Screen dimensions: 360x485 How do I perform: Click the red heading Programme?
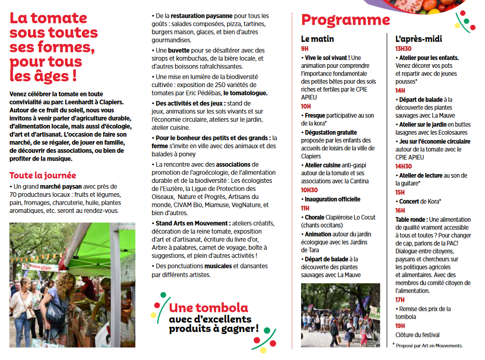(x=345, y=20)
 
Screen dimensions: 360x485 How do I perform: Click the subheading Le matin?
(x=317, y=39)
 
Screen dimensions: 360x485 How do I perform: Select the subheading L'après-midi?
(x=418, y=39)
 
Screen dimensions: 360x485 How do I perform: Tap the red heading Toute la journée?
(x=42, y=176)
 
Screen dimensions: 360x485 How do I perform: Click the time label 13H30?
(x=404, y=48)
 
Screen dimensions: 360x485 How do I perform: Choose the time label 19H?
(x=400, y=325)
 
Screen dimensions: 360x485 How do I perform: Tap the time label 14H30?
(x=404, y=166)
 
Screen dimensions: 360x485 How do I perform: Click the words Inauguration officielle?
(x=332, y=199)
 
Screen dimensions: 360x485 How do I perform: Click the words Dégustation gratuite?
(x=331, y=133)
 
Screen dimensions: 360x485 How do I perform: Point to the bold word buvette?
(x=181, y=50)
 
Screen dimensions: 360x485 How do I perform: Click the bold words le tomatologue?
(x=245, y=93)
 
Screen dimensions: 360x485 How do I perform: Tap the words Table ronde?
(x=411, y=220)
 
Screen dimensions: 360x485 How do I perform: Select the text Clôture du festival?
(x=417, y=335)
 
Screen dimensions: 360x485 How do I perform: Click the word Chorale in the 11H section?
(x=315, y=217)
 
